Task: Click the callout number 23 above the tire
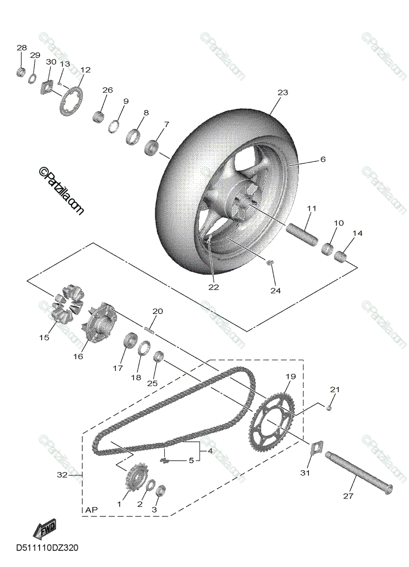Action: tap(282, 93)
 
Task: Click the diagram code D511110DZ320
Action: tap(47, 548)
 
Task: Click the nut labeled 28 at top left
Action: tap(21, 72)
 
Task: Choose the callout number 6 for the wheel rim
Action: tap(323, 160)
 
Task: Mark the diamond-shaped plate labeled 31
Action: tap(316, 448)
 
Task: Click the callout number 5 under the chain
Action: tap(191, 460)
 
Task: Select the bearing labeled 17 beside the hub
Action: tap(129, 340)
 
